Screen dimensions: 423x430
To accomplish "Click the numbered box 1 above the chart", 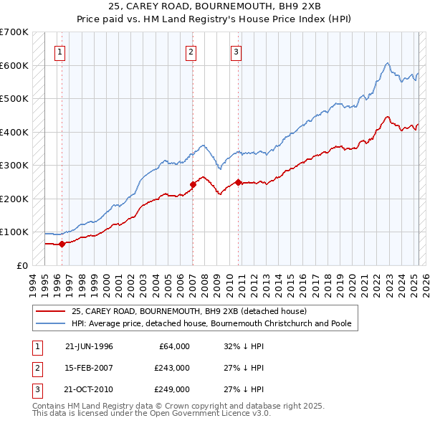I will (61, 51).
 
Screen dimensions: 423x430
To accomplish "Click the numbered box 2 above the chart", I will (191, 51).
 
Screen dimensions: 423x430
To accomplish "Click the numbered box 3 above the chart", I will (236, 51).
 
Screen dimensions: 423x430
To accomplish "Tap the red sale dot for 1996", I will (62, 244).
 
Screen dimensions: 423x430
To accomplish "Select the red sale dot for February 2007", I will (193, 184).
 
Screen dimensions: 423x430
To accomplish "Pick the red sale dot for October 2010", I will (238, 182).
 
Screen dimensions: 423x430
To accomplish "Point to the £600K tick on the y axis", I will (14, 65).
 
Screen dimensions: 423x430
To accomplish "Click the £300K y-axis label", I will (14, 165).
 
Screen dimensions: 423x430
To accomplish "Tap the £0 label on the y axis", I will (21, 265).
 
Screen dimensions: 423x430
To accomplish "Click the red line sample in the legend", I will (50, 312).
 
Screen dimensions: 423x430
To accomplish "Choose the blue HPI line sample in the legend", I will (50, 324).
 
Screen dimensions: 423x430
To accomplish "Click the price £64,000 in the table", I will (173, 346).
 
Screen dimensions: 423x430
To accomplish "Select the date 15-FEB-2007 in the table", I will (89, 368).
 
